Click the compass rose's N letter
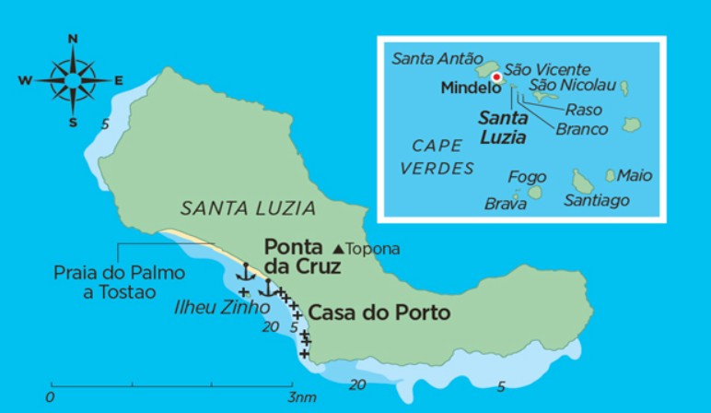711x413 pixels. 73,38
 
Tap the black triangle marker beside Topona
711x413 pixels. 338,249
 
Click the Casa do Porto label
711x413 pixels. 379,313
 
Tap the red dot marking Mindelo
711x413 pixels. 497,78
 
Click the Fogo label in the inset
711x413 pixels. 527,177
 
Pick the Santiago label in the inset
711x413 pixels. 596,200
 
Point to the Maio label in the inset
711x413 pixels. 635,174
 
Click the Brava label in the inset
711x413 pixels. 506,204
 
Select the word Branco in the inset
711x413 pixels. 582,129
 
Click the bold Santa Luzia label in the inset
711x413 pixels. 502,128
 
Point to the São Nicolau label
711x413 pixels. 570,86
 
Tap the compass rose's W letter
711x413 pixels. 25,81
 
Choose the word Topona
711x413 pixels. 374,249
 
